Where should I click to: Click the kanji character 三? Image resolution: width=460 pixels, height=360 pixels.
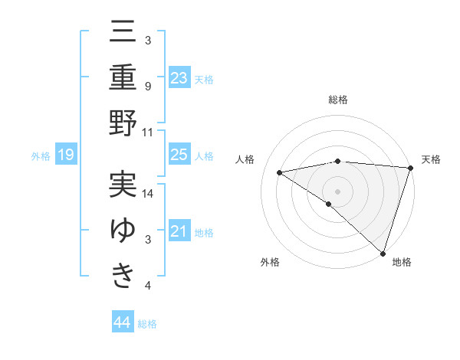[x=123, y=31]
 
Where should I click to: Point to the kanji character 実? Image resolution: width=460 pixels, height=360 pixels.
[x=123, y=184]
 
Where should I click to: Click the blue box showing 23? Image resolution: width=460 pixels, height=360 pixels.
[x=179, y=78]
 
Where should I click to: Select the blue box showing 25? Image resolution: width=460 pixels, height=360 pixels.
[x=179, y=155]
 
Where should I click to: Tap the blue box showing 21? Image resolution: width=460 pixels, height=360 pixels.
[x=179, y=231]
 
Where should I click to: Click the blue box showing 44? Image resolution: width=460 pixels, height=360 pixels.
[x=123, y=322]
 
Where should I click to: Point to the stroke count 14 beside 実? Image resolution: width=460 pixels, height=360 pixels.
[x=149, y=194]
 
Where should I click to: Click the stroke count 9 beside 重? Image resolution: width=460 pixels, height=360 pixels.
[x=148, y=86]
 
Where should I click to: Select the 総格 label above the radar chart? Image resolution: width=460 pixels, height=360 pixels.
[x=337, y=100]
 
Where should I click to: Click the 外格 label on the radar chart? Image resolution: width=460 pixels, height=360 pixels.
[x=270, y=262]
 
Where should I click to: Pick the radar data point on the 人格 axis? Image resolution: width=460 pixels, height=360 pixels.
[x=280, y=172]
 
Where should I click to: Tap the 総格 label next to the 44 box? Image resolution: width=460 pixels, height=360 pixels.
[x=147, y=324]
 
